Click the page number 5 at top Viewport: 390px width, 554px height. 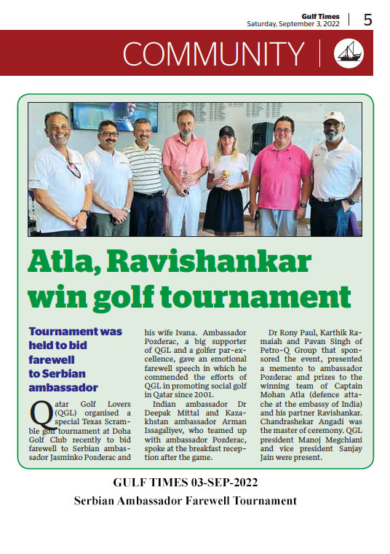367,20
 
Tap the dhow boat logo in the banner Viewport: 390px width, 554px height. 348,53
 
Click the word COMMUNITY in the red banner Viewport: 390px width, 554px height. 213,54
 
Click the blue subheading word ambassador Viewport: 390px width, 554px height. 65,387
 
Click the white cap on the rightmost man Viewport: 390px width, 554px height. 334,117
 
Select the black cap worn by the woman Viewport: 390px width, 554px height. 227,131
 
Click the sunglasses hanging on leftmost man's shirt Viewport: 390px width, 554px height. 73,170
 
